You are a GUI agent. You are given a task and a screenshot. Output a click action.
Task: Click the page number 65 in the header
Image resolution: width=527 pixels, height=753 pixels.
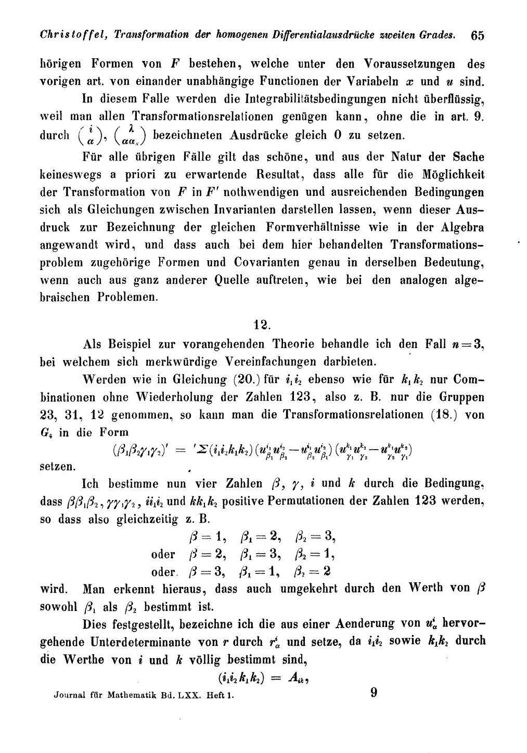pyautogui.click(x=477, y=36)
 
